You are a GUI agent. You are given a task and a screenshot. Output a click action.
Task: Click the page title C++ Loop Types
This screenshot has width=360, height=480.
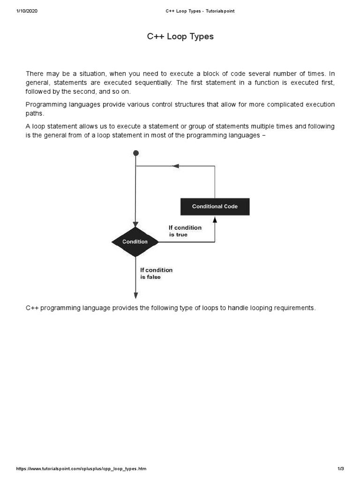[x=180, y=37]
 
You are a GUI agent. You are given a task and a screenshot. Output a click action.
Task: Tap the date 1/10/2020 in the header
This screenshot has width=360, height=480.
[x=26, y=11]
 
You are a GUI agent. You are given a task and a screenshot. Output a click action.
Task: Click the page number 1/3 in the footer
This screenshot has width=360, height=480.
[x=340, y=469]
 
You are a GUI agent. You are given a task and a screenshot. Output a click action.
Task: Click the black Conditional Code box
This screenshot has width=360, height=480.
[x=215, y=206]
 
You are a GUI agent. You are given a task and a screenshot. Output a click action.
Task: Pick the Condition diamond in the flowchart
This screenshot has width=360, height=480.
[x=135, y=242]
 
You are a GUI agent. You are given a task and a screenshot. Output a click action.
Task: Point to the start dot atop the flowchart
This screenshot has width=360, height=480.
[x=136, y=153]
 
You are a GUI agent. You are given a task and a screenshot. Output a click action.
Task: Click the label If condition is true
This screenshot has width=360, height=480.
[x=185, y=231]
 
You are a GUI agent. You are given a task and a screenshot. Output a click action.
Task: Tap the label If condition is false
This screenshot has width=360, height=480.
[x=156, y=273]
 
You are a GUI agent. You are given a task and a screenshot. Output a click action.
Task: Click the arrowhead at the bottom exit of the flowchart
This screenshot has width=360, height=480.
[x=136, y=295]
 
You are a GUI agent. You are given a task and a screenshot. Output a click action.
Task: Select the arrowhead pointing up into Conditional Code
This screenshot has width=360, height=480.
[x=215, y=219]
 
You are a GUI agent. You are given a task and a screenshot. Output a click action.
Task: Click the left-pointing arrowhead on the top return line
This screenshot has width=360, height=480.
[x=176, y=166]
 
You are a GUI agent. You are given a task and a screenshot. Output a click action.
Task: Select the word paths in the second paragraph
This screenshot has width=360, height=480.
[x=34, y=113]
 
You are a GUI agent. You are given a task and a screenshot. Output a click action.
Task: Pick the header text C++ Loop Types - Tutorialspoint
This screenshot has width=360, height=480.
[x=200, y=11]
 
